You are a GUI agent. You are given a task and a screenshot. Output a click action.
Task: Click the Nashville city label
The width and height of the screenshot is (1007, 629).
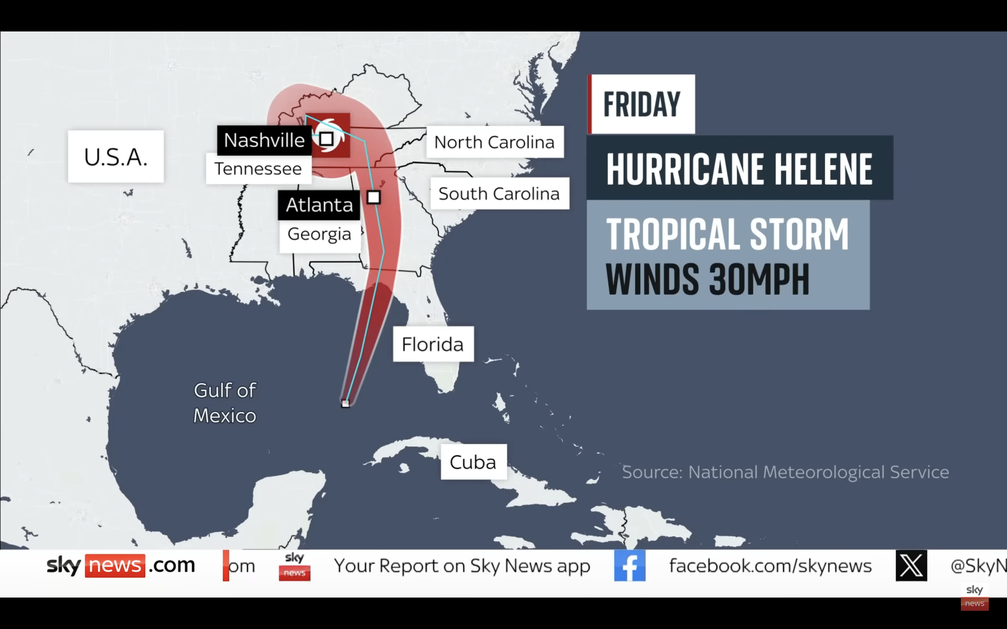point(264,140)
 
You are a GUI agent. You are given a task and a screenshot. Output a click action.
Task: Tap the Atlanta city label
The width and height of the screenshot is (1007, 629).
point(319,205)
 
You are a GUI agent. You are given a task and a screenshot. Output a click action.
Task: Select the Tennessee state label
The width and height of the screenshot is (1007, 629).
point(258,169)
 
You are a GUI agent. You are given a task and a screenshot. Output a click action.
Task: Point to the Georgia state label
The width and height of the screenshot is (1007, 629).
point(319,234)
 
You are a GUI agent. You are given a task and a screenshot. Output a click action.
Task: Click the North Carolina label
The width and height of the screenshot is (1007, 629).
point(494,142)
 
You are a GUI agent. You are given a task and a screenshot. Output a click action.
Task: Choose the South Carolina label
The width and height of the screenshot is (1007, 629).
point(499,194)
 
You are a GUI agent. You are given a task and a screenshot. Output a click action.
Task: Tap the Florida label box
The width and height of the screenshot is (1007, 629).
point(433,345)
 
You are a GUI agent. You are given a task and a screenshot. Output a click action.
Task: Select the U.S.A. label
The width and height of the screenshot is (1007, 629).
point(116,157)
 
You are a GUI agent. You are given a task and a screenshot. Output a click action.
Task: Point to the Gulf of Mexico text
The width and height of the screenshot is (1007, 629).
point(225,403)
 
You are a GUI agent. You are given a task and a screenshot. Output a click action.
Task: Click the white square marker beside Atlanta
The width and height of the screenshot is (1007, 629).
point(374,197)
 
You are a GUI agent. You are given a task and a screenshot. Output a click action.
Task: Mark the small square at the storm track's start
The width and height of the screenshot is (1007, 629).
point(345,404)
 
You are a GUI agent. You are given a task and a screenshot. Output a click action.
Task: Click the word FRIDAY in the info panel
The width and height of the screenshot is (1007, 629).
point(642,104)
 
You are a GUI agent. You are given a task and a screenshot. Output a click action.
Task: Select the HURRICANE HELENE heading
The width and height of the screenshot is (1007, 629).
point(739,168)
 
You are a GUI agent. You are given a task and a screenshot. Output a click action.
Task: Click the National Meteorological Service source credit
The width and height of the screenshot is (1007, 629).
point(785,472)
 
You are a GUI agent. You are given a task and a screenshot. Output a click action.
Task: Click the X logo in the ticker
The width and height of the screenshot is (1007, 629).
point(911,566)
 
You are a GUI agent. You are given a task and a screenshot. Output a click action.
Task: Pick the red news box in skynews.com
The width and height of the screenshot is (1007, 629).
point(115,566)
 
